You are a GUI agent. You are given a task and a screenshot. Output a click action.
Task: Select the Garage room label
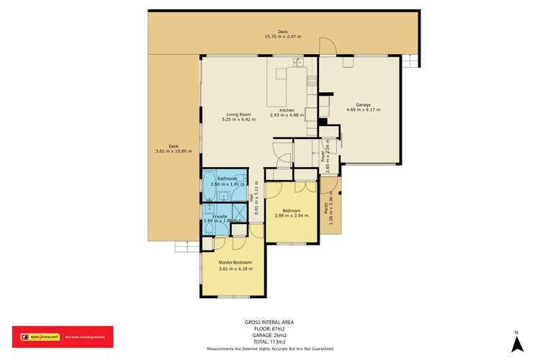[363, 105]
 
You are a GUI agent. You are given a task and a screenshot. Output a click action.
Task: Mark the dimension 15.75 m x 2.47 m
[282, 36]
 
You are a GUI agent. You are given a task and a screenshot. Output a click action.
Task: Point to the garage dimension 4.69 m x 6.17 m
[363, 110]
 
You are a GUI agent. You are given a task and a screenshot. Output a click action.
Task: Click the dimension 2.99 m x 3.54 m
[291, 215]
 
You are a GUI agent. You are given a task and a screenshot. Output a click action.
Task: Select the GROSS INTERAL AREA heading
[269, 322]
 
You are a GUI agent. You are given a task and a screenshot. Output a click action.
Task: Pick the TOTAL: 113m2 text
[270, 341]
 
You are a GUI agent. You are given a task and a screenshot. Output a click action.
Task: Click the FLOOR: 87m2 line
[270, 328]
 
